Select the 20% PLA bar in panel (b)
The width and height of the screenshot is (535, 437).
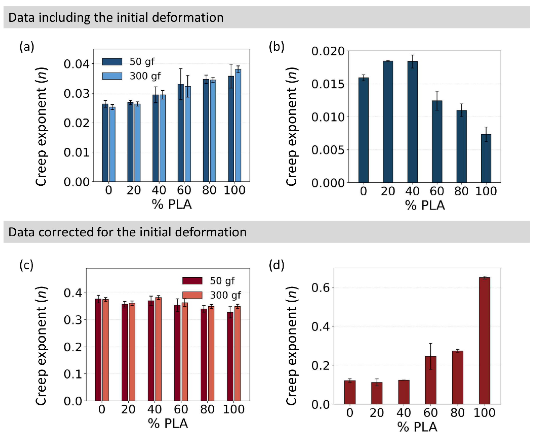[388, 122]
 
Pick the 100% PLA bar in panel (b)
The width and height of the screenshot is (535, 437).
[486, 158]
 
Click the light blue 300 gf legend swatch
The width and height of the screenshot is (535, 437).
[112, 76]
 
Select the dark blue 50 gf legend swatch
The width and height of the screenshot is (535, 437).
[112, 62]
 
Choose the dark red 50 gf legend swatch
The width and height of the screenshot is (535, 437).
[192, 281]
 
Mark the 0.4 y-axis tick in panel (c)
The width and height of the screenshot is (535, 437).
[73, 293]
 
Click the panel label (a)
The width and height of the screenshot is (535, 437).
[27, 47]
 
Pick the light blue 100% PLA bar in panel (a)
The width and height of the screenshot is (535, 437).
[238, 125]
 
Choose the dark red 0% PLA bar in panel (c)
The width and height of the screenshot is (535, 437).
[98, 350]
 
